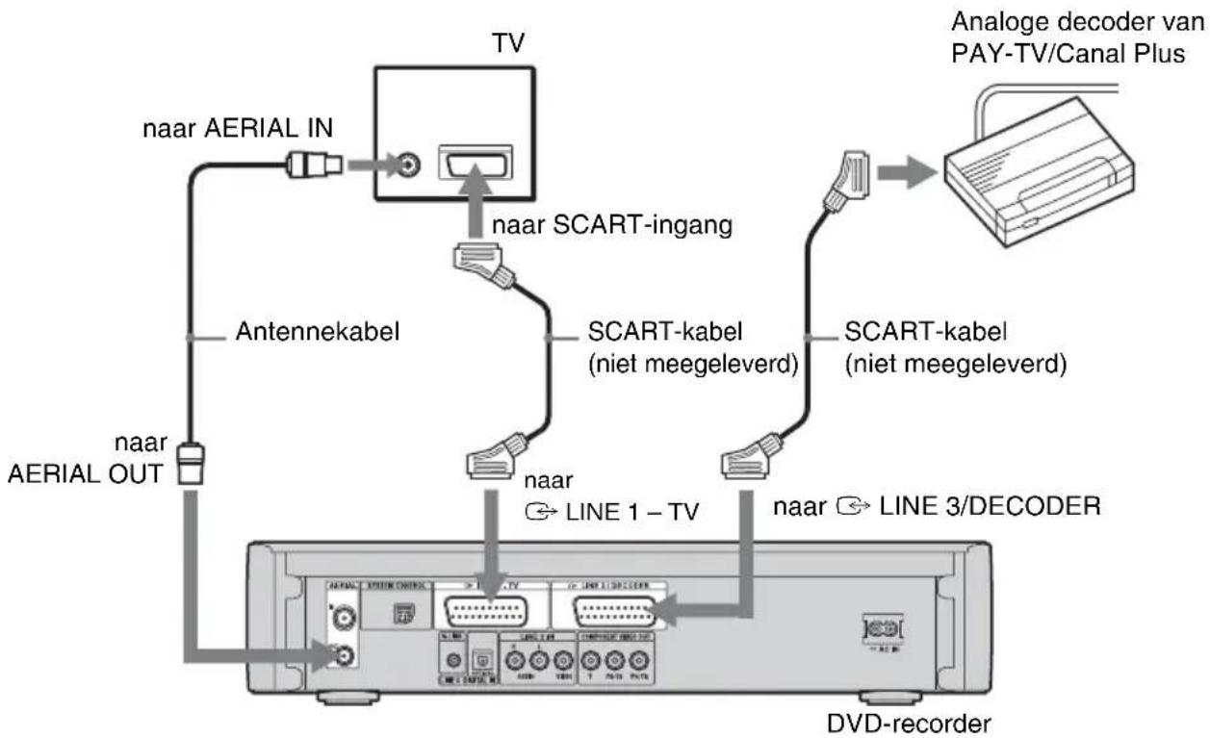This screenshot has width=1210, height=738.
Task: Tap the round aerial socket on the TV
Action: [x=412, y=165]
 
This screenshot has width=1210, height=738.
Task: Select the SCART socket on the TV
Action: [x=474, y=165]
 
